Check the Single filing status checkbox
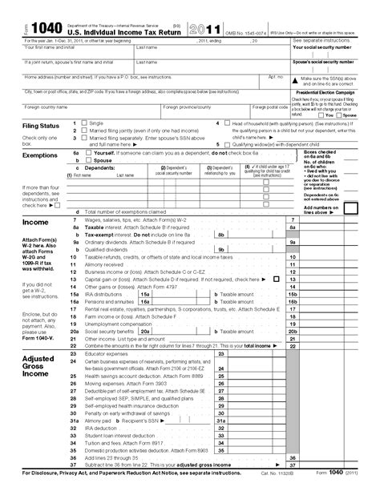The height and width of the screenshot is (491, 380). point(77,123)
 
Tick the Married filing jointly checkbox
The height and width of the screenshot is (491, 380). point(77,130)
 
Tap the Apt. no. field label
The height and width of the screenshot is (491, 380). point(275,77)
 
